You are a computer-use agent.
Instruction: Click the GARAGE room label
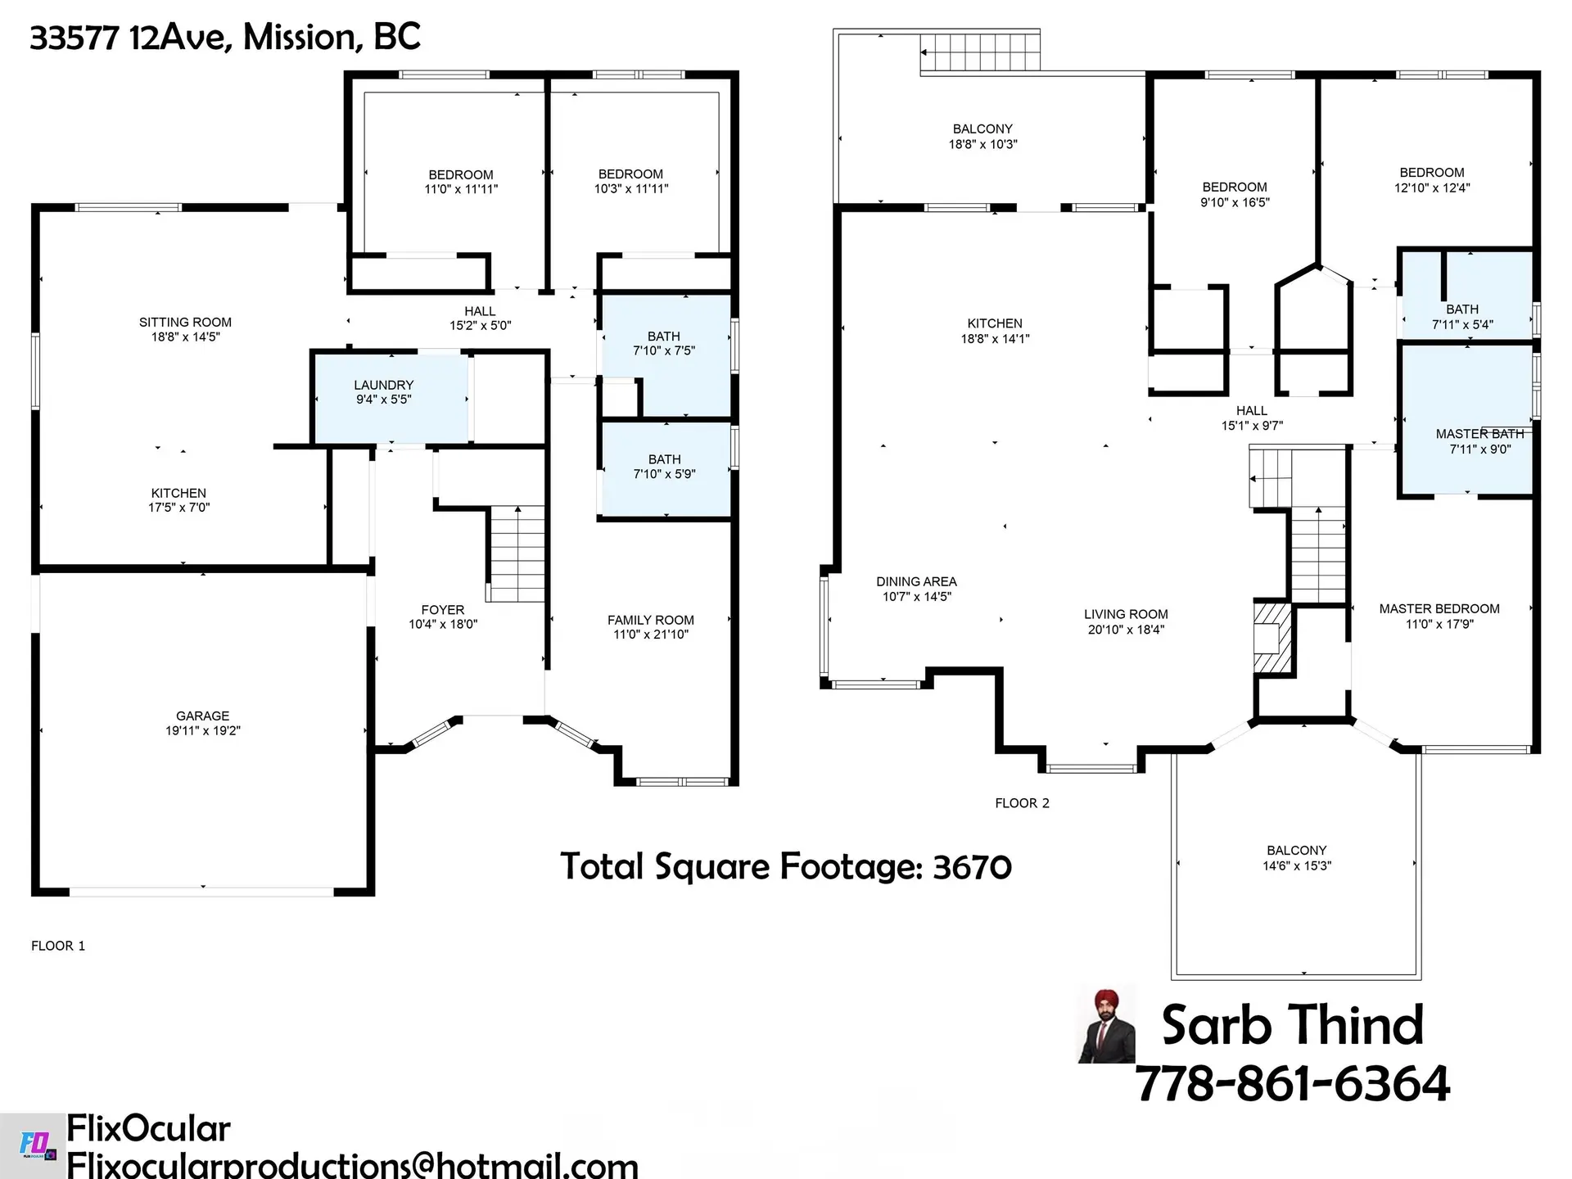click(x=202, y=716)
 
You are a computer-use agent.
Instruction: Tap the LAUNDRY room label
click(x=383, y=385)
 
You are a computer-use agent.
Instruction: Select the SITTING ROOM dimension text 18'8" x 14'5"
click(x=185, y=337)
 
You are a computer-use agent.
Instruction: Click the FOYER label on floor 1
click(x=442, y=610)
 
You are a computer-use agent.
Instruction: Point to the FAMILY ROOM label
click(x=650, y=620)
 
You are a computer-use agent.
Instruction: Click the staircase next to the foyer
click(x=517, y=554)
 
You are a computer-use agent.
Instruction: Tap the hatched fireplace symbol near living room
click(x=1272, y=639)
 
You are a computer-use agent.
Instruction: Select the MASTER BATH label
click(x=1479, y=434)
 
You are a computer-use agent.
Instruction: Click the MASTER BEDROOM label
click(x=1439, y=608)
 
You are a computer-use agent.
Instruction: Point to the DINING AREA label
click(x=916, y=581)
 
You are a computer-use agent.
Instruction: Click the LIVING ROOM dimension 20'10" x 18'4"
click(x=1125, y=630)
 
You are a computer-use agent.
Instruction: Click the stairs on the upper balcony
click(x=981, y=52)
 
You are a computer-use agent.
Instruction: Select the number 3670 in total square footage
click(x=972, y=867)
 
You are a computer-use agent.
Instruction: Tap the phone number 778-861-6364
click(x=1292, y=1083)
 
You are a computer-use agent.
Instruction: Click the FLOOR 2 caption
click(x=1022, y=803)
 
